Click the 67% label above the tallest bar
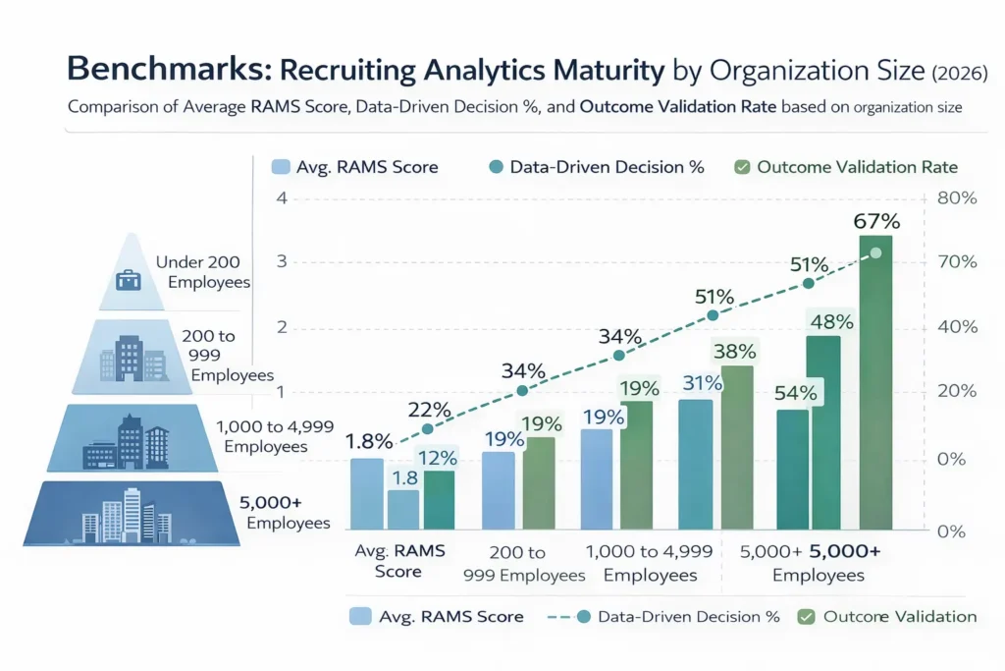[875, 221]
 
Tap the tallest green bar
[875, 383]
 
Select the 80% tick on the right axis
[957, 197]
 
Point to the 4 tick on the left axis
[283, 197]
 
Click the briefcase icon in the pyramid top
[129, 280]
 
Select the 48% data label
[830, 321]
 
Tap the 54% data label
[796, 393]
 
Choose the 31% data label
[702, 383]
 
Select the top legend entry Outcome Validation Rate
[846, 167]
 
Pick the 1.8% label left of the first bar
[369, 441]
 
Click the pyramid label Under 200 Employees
[202, 272]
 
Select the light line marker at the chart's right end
[875, 253]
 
